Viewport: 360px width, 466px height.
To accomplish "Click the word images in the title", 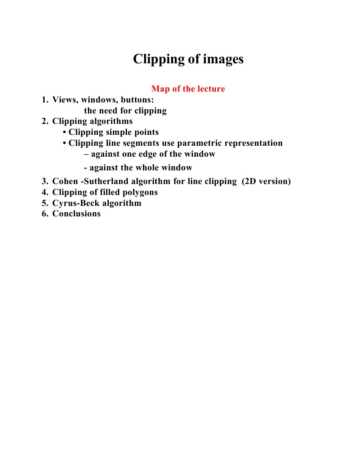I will [220, 60].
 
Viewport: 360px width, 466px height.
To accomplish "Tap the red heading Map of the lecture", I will [188, 89].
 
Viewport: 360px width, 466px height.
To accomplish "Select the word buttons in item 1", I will [137, 100].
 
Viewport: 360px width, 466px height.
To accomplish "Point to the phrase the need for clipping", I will [125, 111].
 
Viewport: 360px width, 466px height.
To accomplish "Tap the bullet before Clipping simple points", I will [65, 133].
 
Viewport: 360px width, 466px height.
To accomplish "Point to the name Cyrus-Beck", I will [77, 203].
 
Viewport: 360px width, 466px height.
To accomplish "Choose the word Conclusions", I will [76, 214].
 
